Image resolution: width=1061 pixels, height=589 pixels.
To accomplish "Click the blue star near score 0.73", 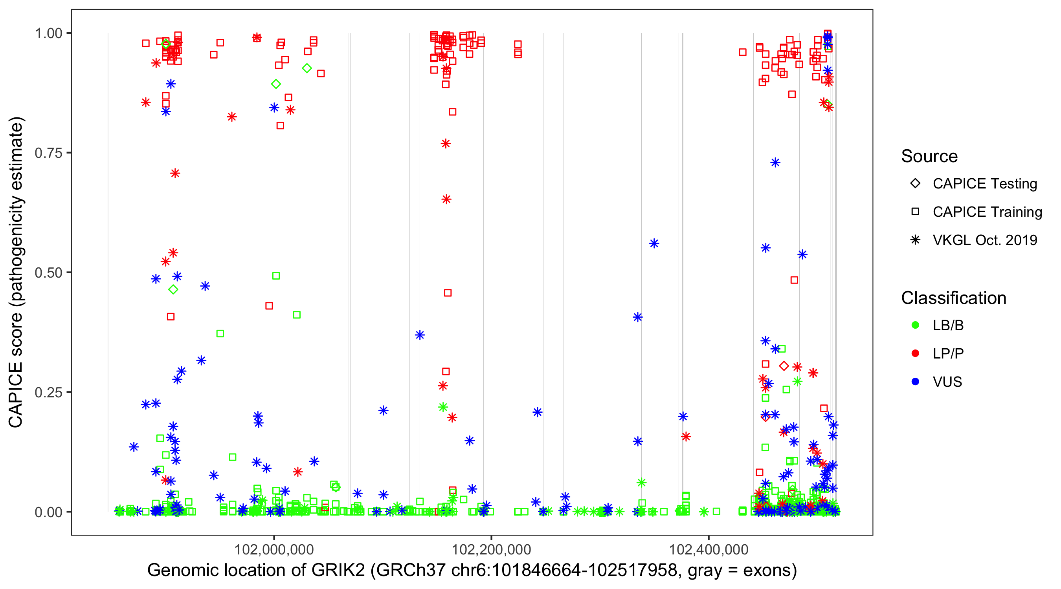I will click(775, 163).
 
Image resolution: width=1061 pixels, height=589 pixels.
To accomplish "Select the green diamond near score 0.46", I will click(173, 290).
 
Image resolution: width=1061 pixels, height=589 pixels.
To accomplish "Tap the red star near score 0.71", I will click(175, 173).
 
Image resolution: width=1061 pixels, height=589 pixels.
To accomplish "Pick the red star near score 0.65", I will click(446, 199).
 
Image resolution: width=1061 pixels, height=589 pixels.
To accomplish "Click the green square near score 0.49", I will click(276, 276).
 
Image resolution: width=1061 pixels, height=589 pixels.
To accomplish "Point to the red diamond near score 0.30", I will click(784, 366).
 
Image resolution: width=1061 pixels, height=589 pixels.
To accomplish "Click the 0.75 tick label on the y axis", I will click(48, 153).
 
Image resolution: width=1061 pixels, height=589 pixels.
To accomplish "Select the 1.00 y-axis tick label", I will click(48, 33).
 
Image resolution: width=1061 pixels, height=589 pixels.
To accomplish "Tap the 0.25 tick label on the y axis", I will click(48, 392).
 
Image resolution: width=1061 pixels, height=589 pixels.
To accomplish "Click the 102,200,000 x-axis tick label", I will click(491, 549).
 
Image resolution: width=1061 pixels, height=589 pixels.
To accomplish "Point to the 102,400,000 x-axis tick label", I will click(709, 549).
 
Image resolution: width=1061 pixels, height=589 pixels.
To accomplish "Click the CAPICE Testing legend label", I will click(985, 184).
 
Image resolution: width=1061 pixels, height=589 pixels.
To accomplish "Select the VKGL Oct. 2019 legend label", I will click(985, 240).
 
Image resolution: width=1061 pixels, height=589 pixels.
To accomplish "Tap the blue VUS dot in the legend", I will click(915, 382).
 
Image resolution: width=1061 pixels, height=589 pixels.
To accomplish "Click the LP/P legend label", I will click(948, 353).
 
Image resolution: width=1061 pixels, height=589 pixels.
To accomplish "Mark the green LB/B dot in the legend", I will click(915, 325).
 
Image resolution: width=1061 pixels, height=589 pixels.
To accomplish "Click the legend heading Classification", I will click(953, 298).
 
